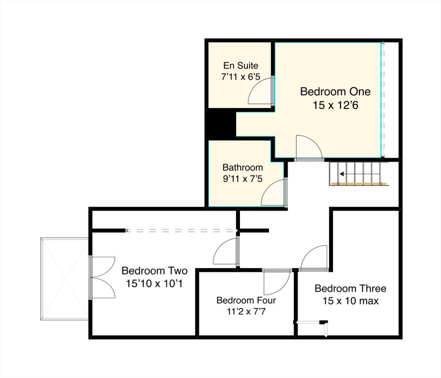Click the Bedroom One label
point(335,92)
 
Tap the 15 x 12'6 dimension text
point(336,105)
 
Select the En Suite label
point(241,66)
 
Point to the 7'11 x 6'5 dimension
point(241,77)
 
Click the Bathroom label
point(243,167)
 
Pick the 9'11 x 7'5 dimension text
point(243,179)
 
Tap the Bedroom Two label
point(154,271)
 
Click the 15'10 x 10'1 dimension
point(154,283)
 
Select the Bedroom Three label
point(351,289)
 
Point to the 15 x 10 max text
point(351,301)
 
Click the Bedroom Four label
point(246,300)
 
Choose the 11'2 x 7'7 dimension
point(246,311)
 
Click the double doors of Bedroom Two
point(103,278)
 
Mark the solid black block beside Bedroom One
point(220,124)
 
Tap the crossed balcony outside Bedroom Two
point(64,279)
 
